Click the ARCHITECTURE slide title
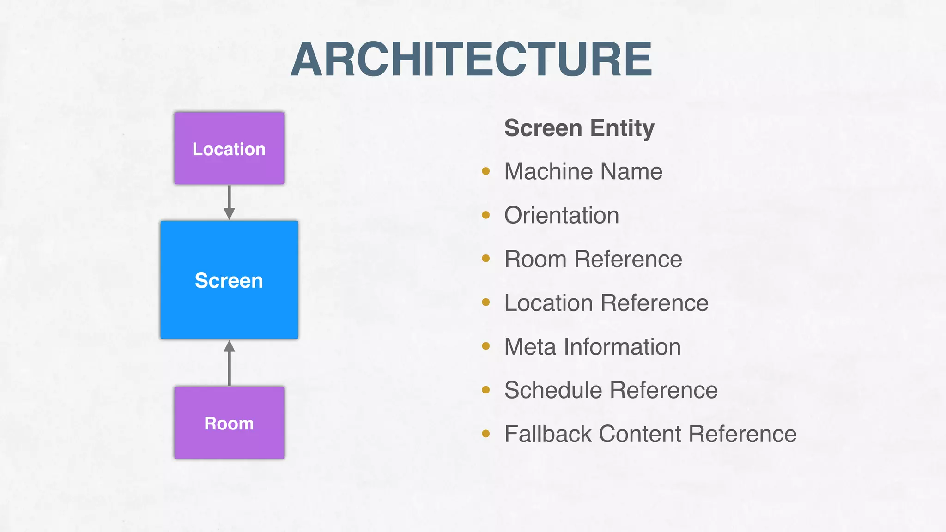(471, 59)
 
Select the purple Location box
(229, 148)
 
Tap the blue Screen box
(229, 280)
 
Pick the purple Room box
(229, 423)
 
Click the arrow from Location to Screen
(229, 202)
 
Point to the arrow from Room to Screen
(229, 363)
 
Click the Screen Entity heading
(579, 128)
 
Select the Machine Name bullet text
(583, 171)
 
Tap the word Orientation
(561, 215)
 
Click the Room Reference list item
(593, 259)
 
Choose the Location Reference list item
(606, 303)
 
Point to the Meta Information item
(592, 347)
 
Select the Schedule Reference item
(611, 390)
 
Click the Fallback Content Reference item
(650, 434)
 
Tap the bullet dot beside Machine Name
(485, 171)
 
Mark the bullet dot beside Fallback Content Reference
(485, 434)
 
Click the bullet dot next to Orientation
(485, 215)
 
